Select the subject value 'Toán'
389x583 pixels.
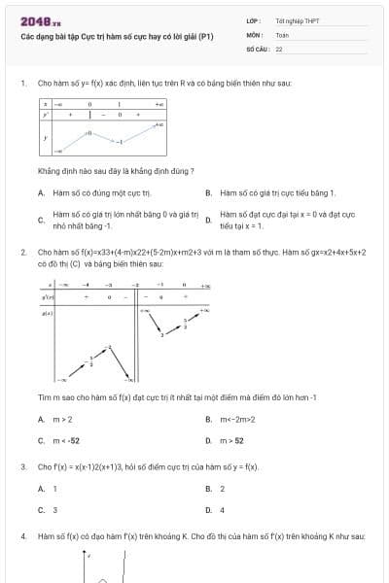pos(282,34)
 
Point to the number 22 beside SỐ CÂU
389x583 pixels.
pos(279,48)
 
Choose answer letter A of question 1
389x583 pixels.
pos(41,193)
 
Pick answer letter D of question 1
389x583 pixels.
pos(209,220)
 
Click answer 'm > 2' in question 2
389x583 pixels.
pos(62,419)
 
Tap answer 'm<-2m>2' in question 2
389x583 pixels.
pos(236,419)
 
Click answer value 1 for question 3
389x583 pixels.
pos(54,489)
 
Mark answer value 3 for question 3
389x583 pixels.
pos(54,509)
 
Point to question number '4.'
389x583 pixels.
pos(23,535)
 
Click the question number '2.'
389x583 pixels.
pos(23,252)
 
